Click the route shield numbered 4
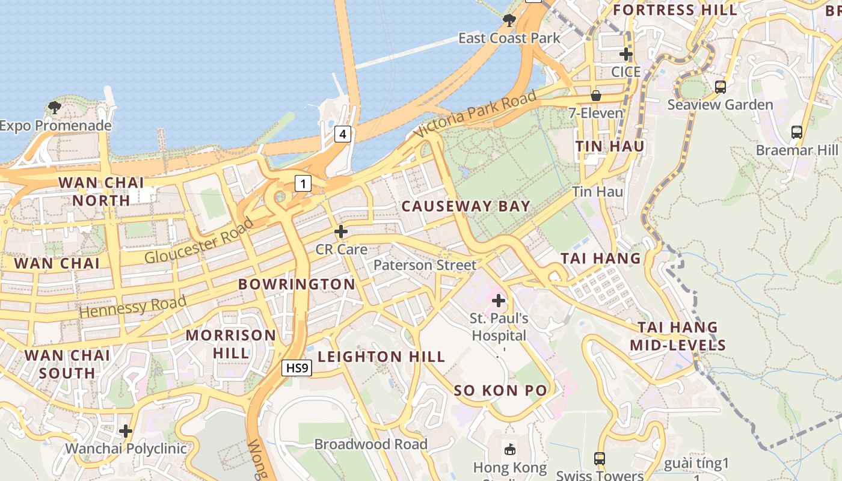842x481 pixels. pos(343,134)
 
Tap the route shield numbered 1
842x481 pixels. pos(303,183)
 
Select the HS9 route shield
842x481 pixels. pos(297,368)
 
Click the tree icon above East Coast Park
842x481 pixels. pos(509,20)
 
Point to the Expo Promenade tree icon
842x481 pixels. pos(55,108)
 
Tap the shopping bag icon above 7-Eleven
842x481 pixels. pos(596,95)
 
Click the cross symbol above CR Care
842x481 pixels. pos(341,231)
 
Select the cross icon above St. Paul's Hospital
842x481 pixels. pos(499,300)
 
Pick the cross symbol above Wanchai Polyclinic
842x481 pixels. pos(126,431)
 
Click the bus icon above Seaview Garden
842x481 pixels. pos(721,87)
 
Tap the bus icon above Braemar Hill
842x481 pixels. pos(797,132)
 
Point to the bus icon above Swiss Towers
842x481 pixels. pos(600,458)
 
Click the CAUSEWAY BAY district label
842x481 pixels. pos(466,206)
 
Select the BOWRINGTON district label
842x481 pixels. pos(297,284)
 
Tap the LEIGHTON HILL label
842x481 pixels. pos(381,357)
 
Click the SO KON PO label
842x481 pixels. pos(500,390)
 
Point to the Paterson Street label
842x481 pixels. pos(425,265)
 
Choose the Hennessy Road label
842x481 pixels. pos(132,307)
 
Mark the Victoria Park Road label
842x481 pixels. pos(475,114)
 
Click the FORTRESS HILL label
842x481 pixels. pos(675,10)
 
